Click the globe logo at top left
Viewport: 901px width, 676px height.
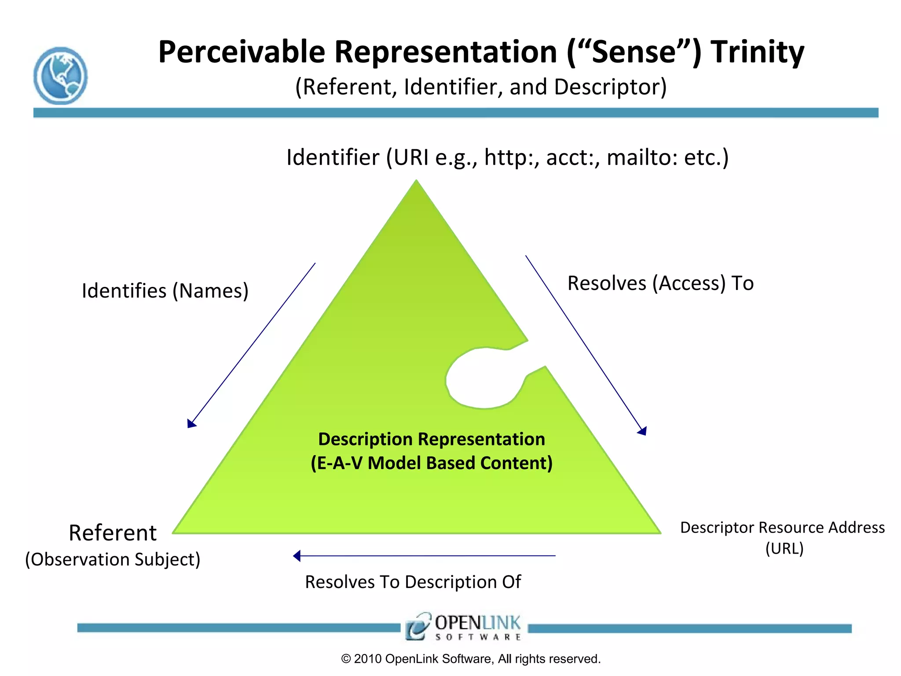(60, 76)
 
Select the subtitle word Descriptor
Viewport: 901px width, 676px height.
(610, 87)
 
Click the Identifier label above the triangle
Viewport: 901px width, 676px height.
(333, 157)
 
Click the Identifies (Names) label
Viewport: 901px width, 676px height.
(165, 291)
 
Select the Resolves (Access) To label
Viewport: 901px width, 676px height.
(660, 283)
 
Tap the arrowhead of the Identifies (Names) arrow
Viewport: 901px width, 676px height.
(191, 424)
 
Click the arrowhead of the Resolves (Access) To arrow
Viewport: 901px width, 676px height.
(643, 431)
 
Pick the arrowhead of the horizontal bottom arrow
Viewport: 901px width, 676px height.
(297, 556)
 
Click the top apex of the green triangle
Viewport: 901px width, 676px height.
(416, 182)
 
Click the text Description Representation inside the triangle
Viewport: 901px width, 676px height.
(431, 439)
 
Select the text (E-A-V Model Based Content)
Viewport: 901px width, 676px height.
(431, 463)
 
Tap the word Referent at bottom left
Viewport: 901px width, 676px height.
(113, 533)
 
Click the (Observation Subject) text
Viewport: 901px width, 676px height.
(113, 559)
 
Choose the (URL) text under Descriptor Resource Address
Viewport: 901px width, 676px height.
(784, 549)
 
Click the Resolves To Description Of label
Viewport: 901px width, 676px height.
(413, 582)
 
